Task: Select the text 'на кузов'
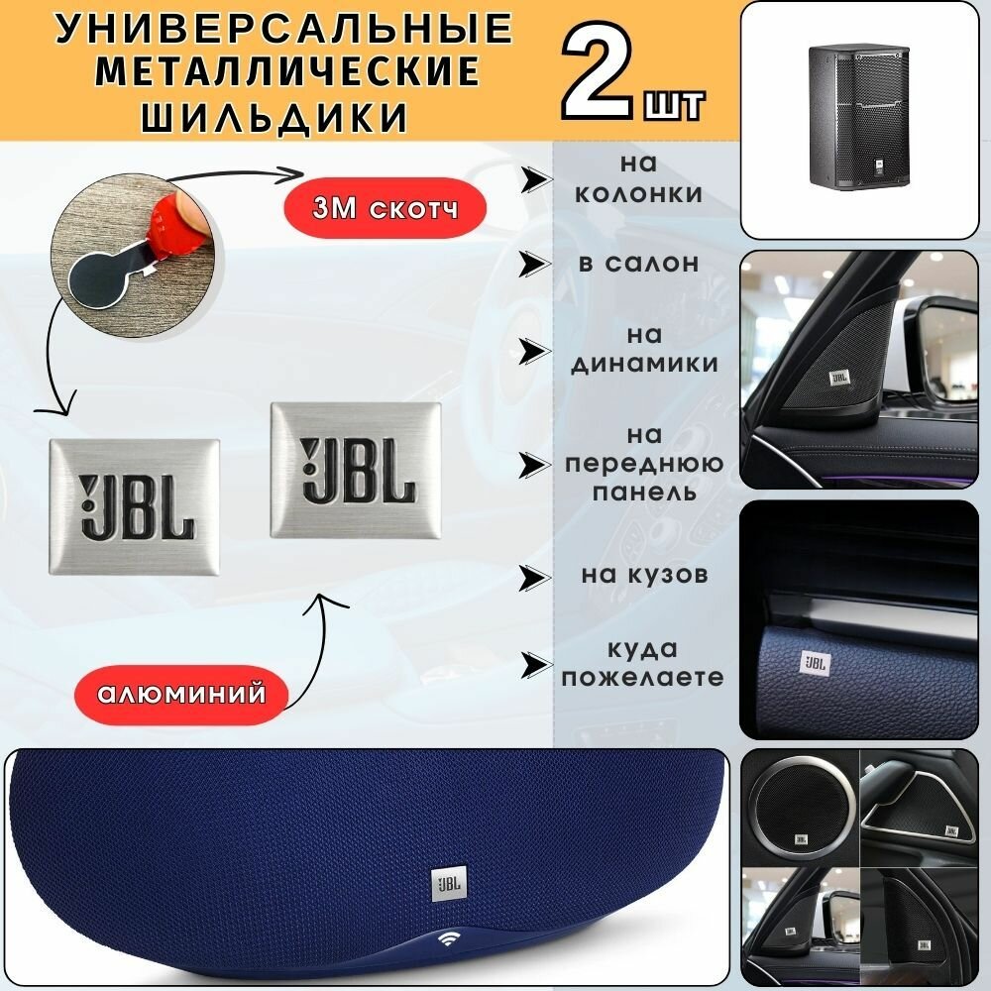(642, 574)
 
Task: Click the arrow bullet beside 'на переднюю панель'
(536, 463)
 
